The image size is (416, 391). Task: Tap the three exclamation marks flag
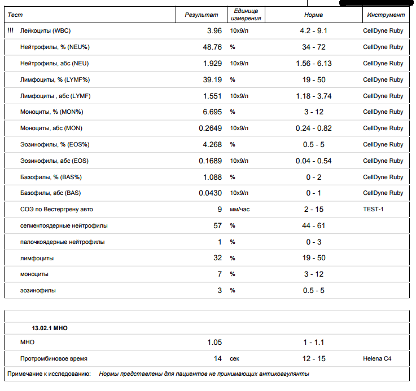pyautogui.click(x=10, y=31)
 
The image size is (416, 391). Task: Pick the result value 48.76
pyautogui.click(x=212, y=47)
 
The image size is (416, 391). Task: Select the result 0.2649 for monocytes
pyautogui.click(x=210, y=128)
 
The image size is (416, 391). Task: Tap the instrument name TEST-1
pyautogui.click(x=373, y=210)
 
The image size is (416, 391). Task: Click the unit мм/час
pyautogui.click(x=239, y=210)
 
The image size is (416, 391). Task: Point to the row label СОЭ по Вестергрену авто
pyautogui.click(x=56, y=210)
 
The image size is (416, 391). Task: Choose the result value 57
pyautogui.click(x=217, y=226)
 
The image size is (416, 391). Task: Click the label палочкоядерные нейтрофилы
pyautogui.click(x=62, y=242)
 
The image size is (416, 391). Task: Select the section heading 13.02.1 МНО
pyautogui.click(x=50, y=327)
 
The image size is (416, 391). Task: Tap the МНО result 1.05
pyautogui.click(x=214, y=343)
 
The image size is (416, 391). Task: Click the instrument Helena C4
pyautogui.click(x=377, y=358)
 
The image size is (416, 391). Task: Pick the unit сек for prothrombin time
pyautogui.click(x=235, y=358)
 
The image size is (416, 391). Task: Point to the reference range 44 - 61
pyautogui.click(x=313, y=226)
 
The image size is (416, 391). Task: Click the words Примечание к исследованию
pyautogui.click(x=49, y=374)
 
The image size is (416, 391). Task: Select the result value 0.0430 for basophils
pyautogui.click(x=210, y=193)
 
